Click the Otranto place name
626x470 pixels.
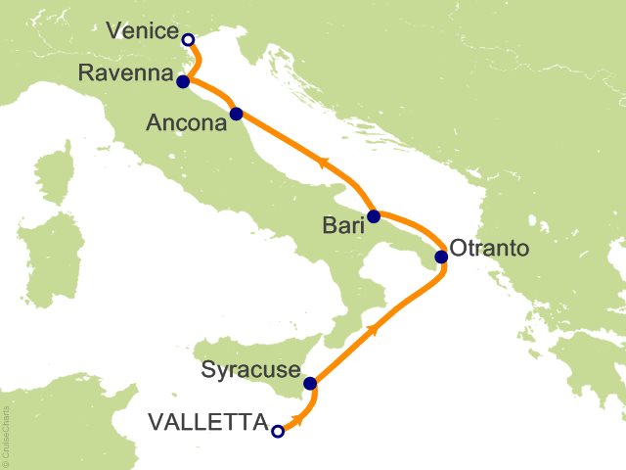point(491,248)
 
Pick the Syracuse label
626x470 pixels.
point(250,371)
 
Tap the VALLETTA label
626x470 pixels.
point(207,423)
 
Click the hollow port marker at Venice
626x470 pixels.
point(188,39)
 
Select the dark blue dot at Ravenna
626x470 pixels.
point(183,82)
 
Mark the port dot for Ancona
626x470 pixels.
point(236,115)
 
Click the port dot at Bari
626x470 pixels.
point(374,215)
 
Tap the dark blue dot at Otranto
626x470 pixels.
point(441,258)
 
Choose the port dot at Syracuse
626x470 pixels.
point(310,384)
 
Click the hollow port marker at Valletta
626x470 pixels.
point(278,430)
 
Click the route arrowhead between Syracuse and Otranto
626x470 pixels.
point(374,328)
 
